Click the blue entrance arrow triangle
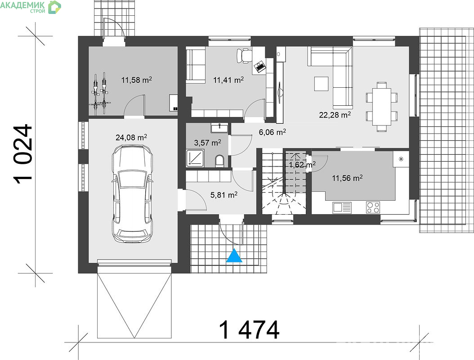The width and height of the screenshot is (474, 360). tap(234, 256)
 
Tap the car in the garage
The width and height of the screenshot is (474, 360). tap(132, 193)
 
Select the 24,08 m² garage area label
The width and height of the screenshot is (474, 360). tap(131, 138)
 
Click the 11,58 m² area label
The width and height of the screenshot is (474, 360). tap(137, 80)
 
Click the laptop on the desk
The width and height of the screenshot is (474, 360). tap(259, 66)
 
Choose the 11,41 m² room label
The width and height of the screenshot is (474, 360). tap(228, 80)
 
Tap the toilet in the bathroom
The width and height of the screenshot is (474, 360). tap(220, 161)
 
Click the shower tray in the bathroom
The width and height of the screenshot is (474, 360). tap(195, 158)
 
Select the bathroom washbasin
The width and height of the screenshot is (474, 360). tap(219, 128)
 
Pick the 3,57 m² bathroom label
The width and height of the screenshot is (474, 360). tap(207, 143)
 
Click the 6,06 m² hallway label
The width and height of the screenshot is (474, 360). tap(273, 132)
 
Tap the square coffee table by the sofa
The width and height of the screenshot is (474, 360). tap(321, 84)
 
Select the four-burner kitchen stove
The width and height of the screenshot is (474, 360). tap(373, 207)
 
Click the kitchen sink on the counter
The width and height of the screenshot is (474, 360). tap(342, 207)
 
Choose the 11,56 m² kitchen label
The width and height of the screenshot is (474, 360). tap(347, 178)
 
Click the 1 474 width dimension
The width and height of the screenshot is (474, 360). tap(249, 330)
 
